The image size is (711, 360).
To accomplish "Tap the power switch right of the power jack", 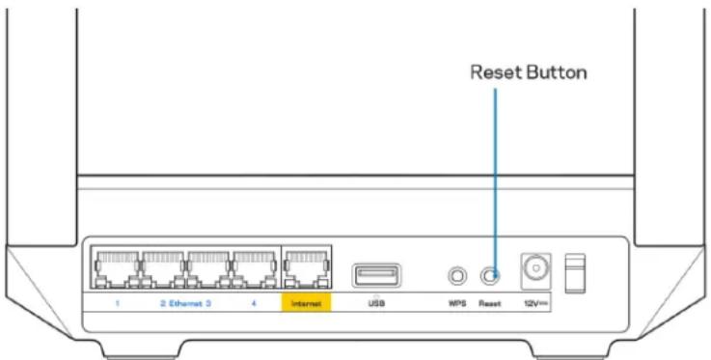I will click(575, 275).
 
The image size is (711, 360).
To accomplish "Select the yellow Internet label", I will click(306, 302).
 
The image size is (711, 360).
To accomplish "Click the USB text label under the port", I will click(372, 302).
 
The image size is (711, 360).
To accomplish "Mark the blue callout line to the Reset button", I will click(495, 174).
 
